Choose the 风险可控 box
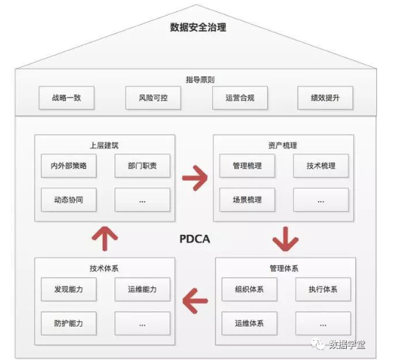click(152, 98)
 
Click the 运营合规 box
click(240, 98)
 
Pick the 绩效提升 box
click(324, 98)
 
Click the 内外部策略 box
click(68, 167)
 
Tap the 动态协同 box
click(68, 200)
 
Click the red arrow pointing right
click(195, 174)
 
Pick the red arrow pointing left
click(195, 302)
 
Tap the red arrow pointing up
click(105, 239)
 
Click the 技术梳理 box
click(321, 167)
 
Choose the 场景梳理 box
click(247, 200)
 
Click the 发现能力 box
click(68, 289)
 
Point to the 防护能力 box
click(68, 323)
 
